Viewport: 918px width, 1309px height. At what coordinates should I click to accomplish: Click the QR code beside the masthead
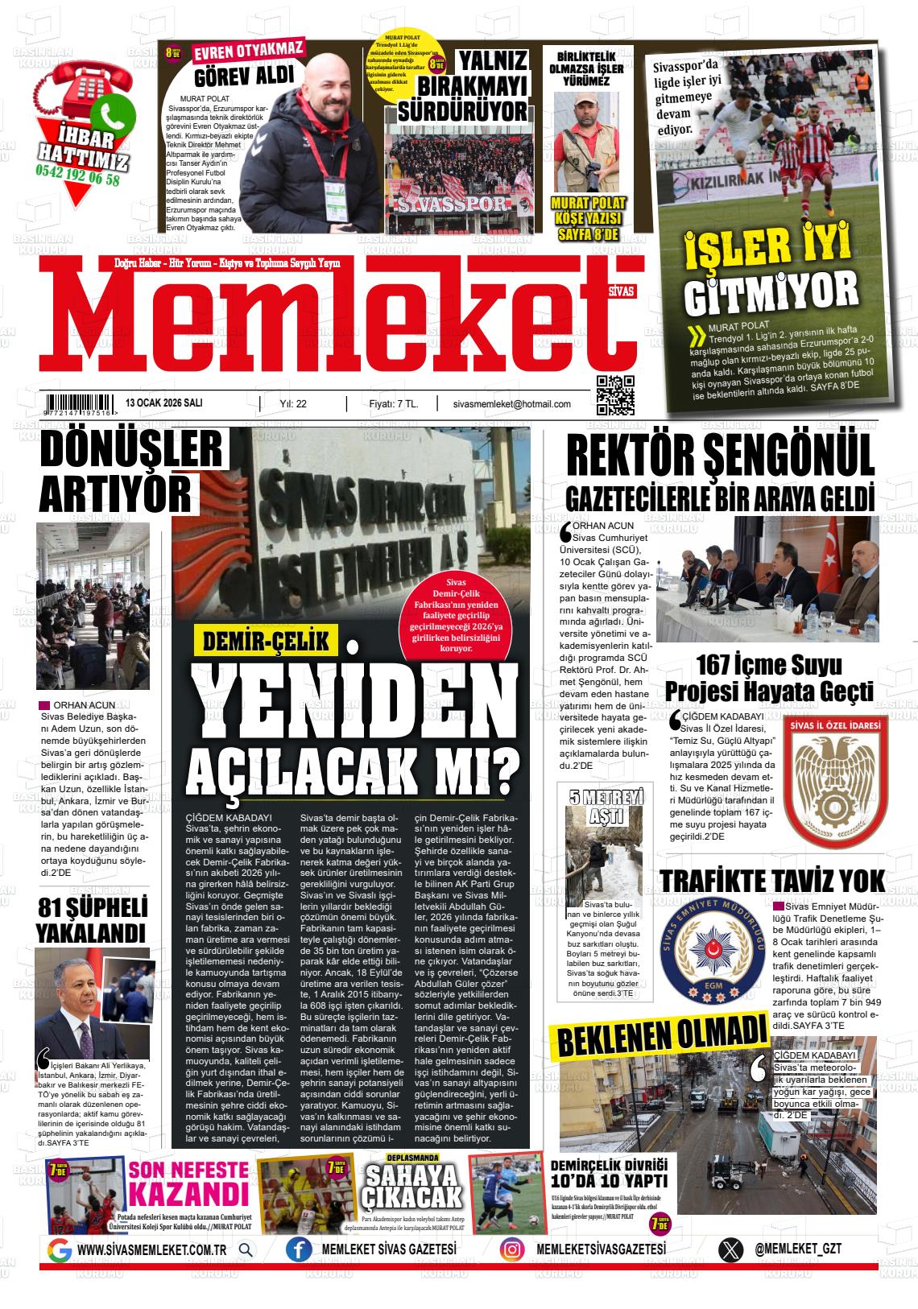click(614, 394)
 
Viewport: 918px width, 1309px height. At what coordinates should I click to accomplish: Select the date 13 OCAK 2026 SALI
click(164, 403)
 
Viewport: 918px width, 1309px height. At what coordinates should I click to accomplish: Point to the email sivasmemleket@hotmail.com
click(511, 404)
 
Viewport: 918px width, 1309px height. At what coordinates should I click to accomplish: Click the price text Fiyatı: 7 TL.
click(393, 404)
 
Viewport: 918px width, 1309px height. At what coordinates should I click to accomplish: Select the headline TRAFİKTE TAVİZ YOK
click(771, 880)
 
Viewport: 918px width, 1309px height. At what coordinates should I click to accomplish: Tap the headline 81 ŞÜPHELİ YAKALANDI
click(92, 920)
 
